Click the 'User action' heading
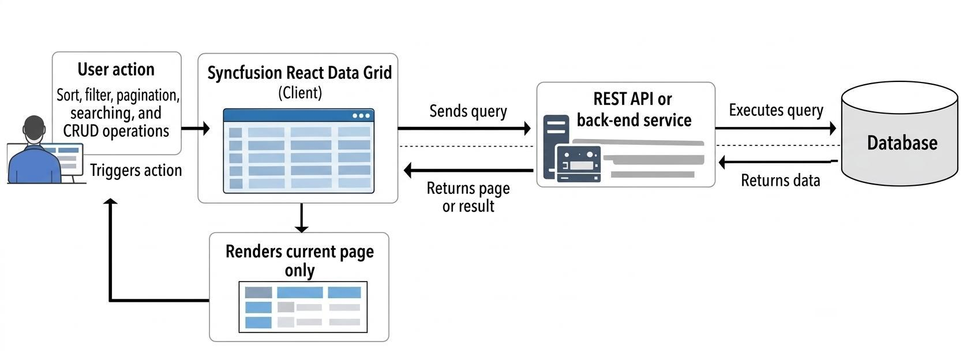click(116, 69)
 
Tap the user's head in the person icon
click(34, 129)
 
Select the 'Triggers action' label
click(136, 170)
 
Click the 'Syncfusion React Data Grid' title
click(299, 73)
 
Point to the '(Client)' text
click(299, 92)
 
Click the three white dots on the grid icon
click(361, 115)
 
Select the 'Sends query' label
click(468, 111)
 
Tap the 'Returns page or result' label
click(468, 197)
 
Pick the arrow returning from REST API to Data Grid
click(467, 170)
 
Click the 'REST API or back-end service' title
click(633, 110)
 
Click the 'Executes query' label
click(775, 110)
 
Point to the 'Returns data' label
click(780, 181)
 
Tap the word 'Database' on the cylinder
click(902, 142)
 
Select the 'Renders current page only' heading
click(299, 261)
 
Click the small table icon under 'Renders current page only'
click(303, 307)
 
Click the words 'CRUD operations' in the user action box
click(116, 131)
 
